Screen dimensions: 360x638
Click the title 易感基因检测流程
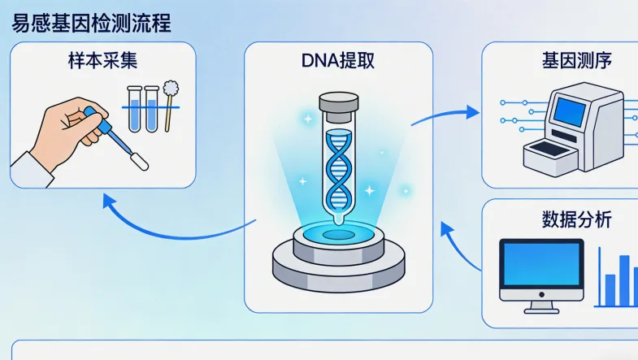(91, 22)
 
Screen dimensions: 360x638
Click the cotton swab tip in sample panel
(171, 88)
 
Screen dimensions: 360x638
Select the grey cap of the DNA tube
(337, 103)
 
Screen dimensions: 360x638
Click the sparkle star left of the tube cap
(307, 119)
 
